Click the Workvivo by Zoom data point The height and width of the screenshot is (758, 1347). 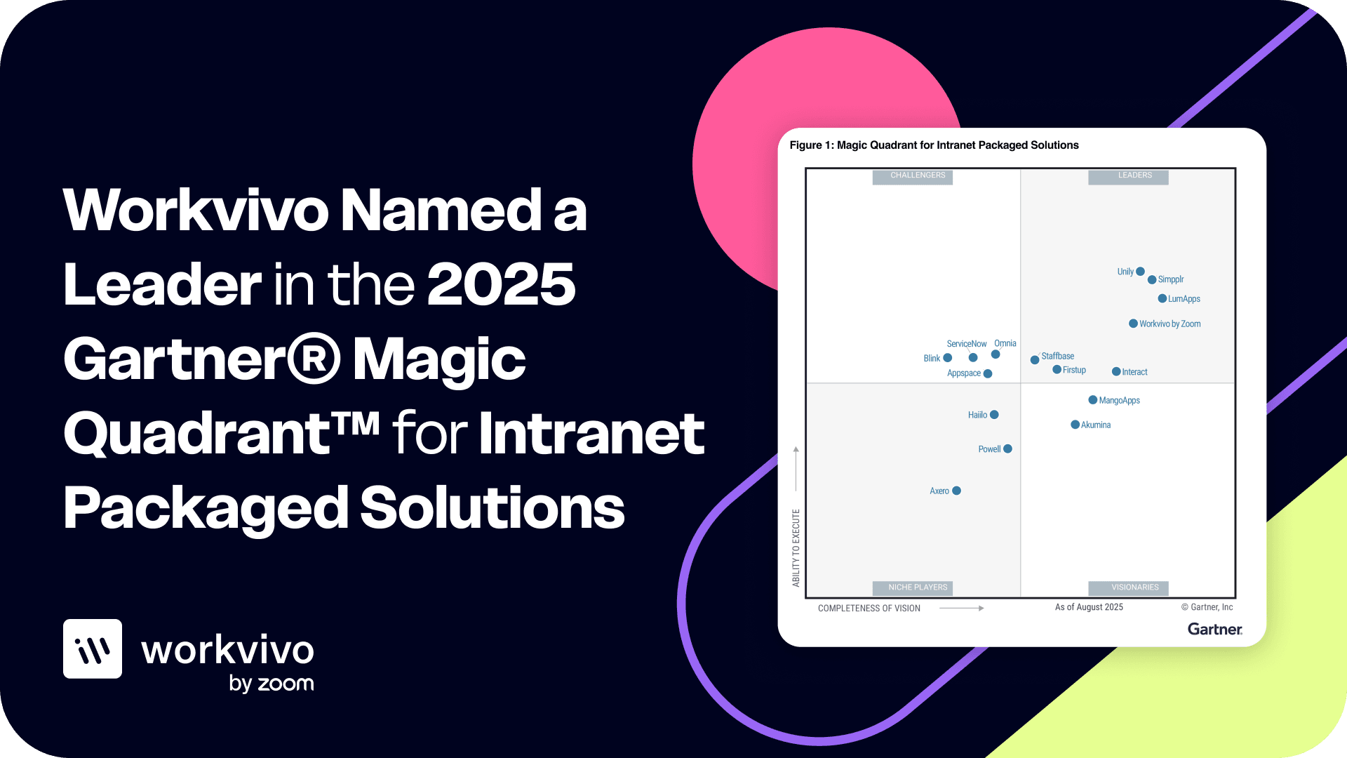(1133, 324)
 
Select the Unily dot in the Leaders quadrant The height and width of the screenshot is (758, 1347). (1140, 272)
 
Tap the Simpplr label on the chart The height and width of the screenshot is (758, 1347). (1170, 279)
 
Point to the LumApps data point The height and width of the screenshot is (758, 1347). (1162, 298)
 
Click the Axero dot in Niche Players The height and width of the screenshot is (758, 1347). (956, 491)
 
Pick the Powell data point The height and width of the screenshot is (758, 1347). (1007, 448)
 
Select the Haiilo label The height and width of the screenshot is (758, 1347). (977, 415)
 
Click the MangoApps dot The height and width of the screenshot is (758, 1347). (1092, 400)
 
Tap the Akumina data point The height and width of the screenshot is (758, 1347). (1075, 425)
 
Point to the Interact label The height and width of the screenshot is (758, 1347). (1134, 372)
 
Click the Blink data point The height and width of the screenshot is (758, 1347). (947, 358)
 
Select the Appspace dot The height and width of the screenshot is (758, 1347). (988, 373)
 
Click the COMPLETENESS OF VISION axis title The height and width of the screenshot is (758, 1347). (869, 609)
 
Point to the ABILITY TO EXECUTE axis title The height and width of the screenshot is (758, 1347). (796, 548)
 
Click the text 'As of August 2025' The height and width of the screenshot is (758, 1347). (1089, 607)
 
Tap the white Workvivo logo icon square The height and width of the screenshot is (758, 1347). (93, 649)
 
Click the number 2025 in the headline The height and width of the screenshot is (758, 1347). (501, 284)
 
